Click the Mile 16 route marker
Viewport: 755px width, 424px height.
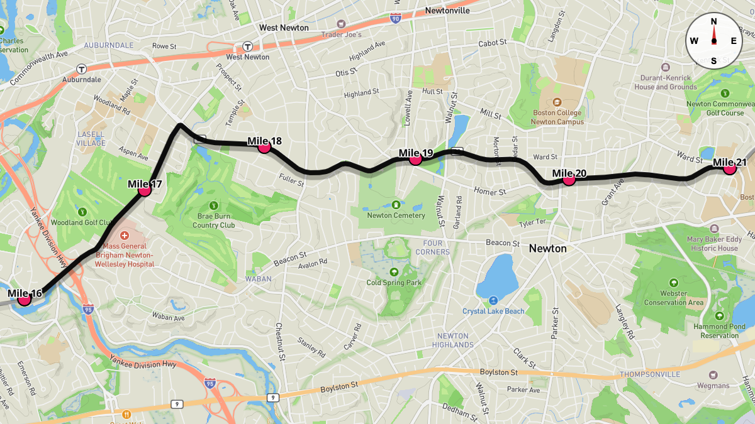[25, 299]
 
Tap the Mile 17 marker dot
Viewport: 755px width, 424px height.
[145, 189]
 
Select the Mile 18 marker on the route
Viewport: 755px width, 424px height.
[264, 146]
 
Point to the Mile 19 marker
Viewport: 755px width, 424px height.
[415, 159]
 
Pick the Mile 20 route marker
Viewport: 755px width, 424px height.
[569, 179]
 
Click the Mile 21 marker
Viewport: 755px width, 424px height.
[730, 168]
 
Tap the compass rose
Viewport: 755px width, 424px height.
[713, 41]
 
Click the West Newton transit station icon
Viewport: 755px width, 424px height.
[248, 46]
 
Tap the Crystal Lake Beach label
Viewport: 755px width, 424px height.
[493, 311]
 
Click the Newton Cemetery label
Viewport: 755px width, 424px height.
[396, 215]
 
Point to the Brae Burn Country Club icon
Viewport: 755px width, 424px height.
[213, 205]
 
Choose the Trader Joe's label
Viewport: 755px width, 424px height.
[342, 35]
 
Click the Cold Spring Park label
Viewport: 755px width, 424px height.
[394, 283]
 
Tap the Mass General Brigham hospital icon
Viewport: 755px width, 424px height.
[125, 235]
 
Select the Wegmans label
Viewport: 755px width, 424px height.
[713, 386]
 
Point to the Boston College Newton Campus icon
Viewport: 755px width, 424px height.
[557, 102]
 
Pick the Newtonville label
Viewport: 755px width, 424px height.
[447, 11]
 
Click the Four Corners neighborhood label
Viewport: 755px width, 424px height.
[432, 247]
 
